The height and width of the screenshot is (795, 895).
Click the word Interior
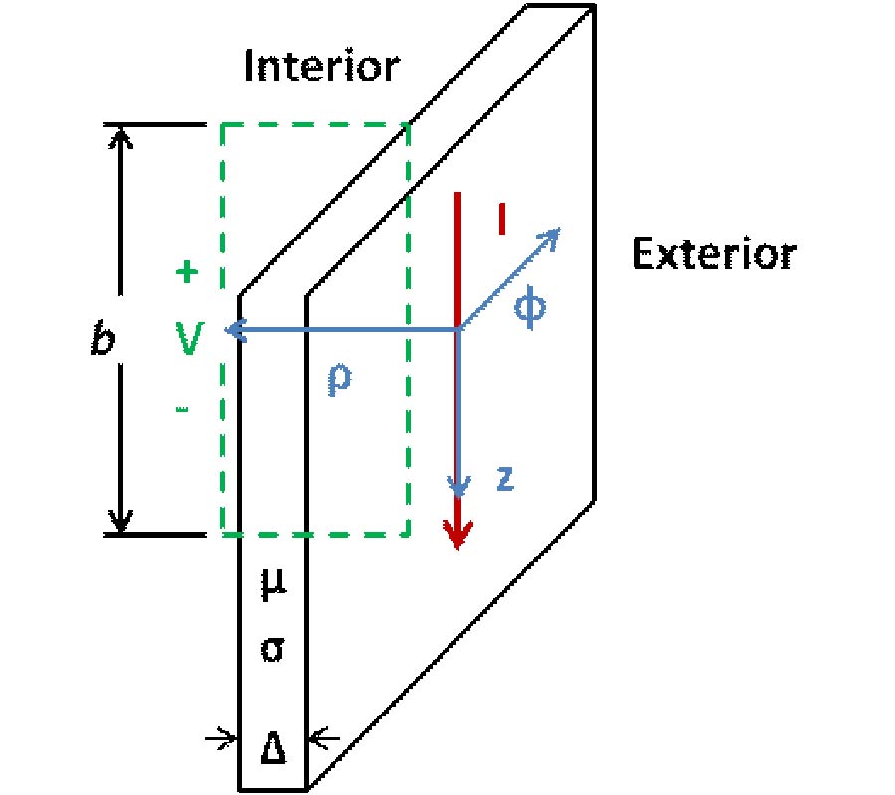(x=321, y=68)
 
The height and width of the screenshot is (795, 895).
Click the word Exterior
(x=714, y=255)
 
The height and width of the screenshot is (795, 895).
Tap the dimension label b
(x=101, y=341)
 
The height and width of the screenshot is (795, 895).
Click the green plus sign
(x=185, y=271)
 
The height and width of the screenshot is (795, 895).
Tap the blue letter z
(x=504, y=480)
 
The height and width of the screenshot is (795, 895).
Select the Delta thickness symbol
(x=273, y=746)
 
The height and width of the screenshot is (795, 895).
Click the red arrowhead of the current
(x=457, y=537)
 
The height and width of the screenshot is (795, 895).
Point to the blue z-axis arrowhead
(x=457, y=487)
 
